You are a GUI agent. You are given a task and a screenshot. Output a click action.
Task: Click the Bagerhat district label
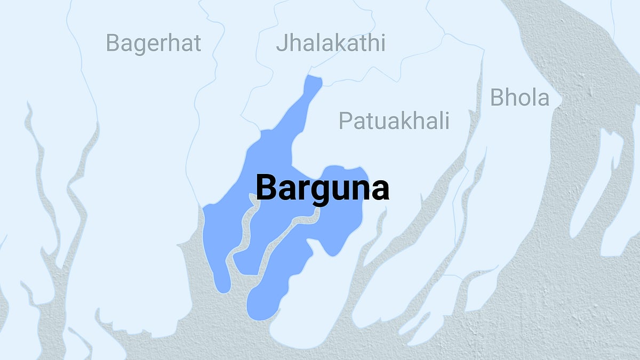pos(154,43)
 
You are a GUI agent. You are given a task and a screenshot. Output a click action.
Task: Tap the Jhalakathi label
pos(330,43)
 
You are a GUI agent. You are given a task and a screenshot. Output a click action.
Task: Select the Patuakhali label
pos(394,121)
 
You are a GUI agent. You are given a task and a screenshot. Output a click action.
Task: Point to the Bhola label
pos(519,98)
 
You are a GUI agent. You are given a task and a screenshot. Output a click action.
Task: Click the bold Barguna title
pos(322,188)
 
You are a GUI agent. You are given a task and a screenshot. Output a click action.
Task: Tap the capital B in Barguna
pos(267,188)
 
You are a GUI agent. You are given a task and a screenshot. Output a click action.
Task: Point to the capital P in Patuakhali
pos(345,121)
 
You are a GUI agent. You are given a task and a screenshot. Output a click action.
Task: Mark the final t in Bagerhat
pos(197,43)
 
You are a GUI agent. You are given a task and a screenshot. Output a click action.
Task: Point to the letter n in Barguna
pos(360,190)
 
